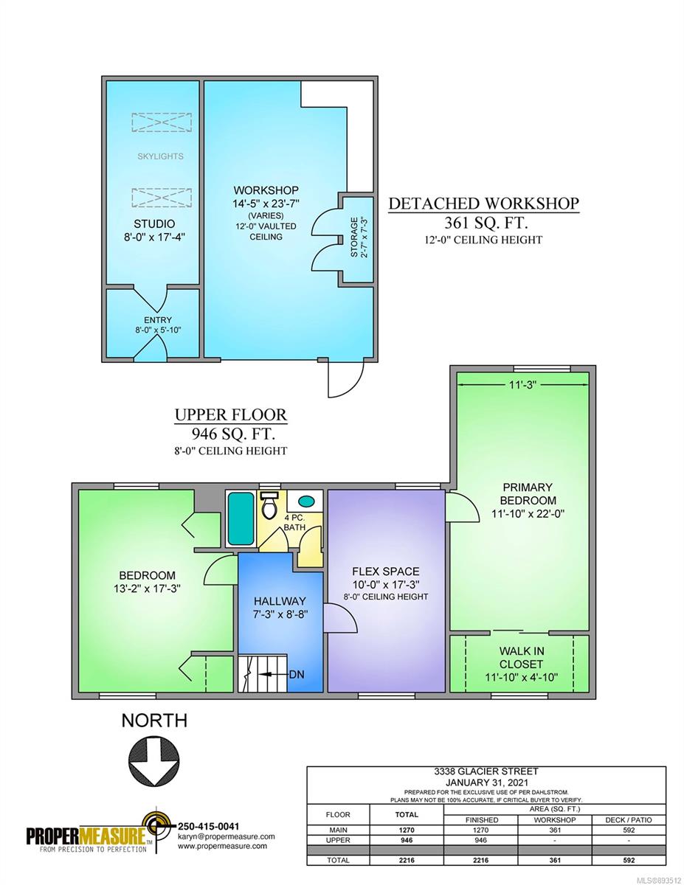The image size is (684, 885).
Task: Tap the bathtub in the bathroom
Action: point(241,518)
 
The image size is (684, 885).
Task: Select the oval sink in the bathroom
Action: point(306,501)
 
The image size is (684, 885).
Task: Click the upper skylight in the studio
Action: point(162,122)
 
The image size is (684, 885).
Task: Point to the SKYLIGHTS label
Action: point(160,156)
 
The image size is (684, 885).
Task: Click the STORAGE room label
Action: point(353,237)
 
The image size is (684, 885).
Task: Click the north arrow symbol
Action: point(153,759)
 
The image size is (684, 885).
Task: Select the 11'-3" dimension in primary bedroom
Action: point(522,384)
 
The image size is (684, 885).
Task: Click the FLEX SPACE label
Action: point(386,572)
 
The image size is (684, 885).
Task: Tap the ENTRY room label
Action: point(158,320)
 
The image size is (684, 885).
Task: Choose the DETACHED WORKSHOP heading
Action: point(483,204)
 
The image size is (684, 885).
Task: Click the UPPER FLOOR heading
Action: point(231,414)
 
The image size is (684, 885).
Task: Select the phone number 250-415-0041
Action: point(208,826)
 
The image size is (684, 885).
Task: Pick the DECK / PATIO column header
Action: point(629,820)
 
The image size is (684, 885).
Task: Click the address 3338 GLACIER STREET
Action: point(486,771)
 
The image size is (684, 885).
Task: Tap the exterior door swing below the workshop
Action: point(345,379)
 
